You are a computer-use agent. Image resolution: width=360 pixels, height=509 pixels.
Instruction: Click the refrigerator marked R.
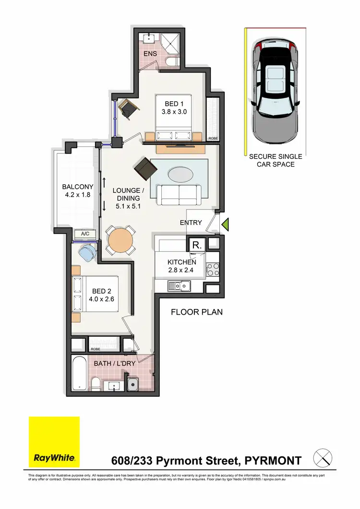click(197, 245)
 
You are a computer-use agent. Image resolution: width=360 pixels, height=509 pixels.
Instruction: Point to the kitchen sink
click(180, 286)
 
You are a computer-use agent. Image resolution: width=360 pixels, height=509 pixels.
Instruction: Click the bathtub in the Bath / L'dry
click(80, 373)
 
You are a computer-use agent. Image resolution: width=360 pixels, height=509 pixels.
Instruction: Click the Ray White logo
click(54, 442)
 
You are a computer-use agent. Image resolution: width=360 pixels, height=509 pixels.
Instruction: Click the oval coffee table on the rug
click(180, 173)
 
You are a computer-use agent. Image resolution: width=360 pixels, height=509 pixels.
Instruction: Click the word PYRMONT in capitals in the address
click(274, 461)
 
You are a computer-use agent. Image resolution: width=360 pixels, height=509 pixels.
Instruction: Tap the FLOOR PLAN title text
click(197, 312)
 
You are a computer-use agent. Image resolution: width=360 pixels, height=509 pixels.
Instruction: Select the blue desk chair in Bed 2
click(87, 250)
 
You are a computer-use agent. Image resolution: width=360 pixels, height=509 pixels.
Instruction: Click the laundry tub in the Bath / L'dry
click(133, 384)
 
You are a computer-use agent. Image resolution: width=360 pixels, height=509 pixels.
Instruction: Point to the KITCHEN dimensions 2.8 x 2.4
click(181, 271)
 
